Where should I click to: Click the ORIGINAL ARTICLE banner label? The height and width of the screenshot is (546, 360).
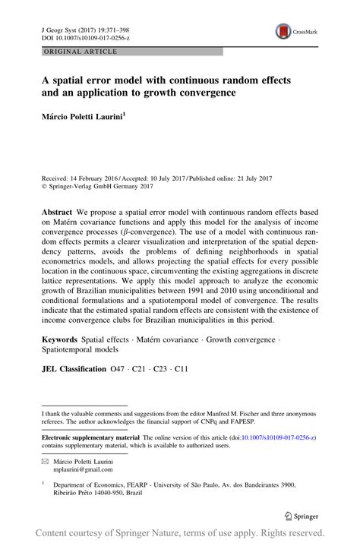click(x=71, y=52)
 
